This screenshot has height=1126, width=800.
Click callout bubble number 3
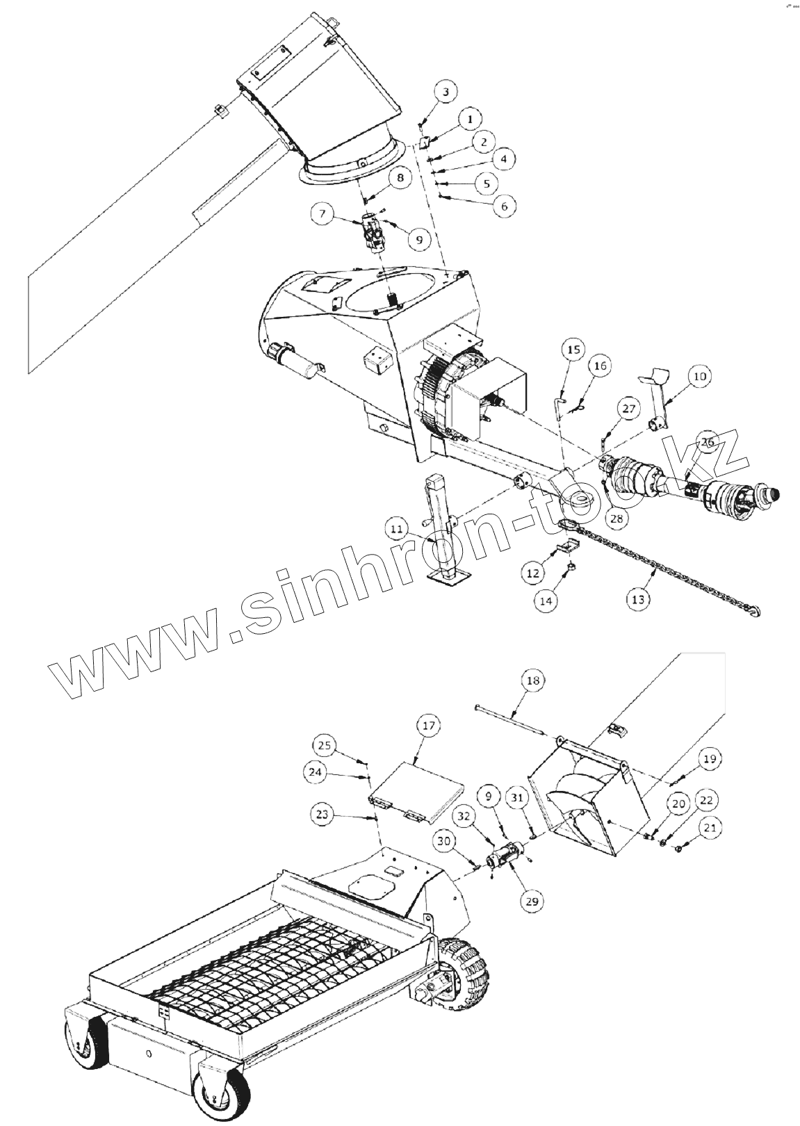(x=446, y=92)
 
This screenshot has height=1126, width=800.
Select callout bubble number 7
(x=322, y=215)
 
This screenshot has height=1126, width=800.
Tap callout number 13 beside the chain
(x=638, y=598)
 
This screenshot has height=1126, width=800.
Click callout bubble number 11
(x=397, y=530)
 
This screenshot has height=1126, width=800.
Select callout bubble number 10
(x=699, y=376)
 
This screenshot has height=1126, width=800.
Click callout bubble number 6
(x=505, y=206)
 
